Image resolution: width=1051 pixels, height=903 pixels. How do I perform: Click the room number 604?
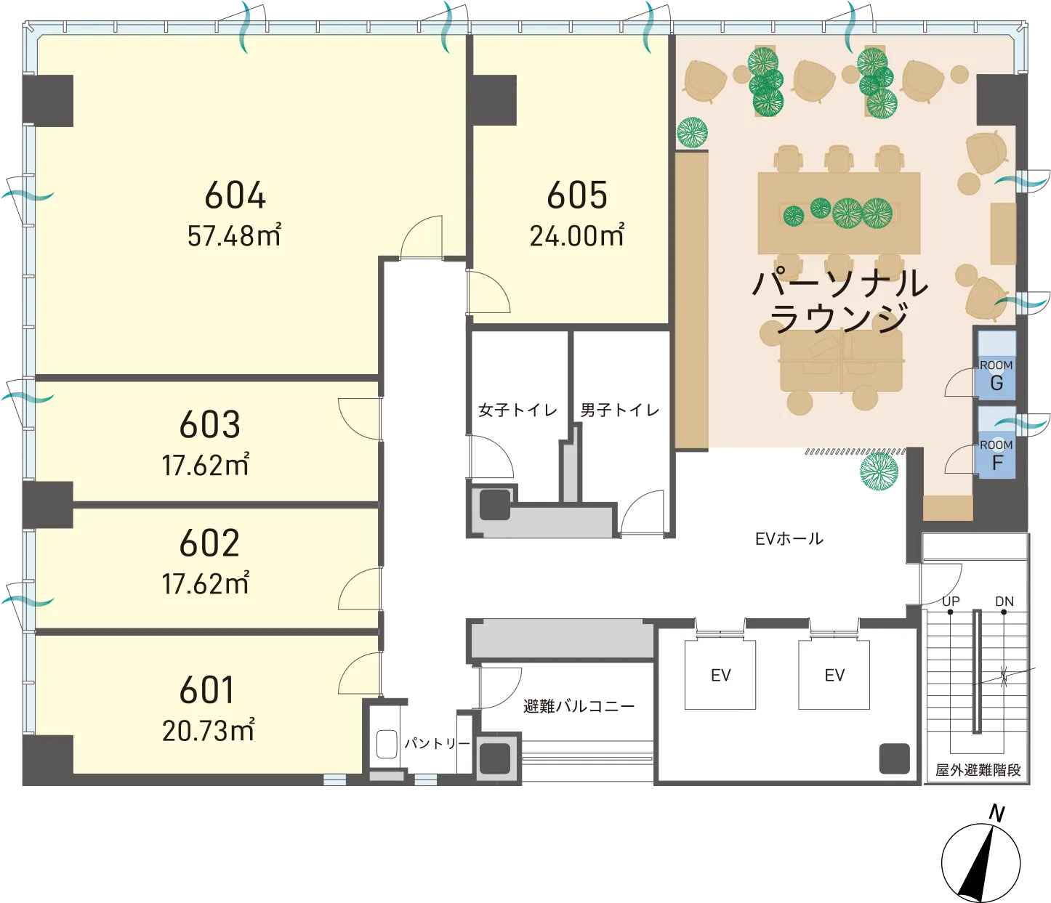(x=235, y=195)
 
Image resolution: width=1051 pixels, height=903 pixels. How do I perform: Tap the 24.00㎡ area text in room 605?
(x=576, y=235)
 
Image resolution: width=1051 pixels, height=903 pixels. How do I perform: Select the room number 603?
(x=209, y=424)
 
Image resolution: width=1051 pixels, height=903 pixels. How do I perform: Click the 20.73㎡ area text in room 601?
(x=208, y=729)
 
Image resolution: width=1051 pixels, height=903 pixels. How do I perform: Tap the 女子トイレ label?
(x=518, y=410)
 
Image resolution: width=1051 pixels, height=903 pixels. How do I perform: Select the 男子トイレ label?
(x=620, y=410)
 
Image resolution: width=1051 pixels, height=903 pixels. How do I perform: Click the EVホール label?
(x=789, y=538)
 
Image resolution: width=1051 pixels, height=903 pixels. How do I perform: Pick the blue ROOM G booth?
(x=996, y=365)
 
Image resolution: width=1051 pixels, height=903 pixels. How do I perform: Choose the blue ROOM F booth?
(x=997, y=442)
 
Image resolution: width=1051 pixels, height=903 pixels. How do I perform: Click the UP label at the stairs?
(x=951, y=602)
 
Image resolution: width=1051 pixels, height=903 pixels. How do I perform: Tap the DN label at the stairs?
(x=1004, y=602)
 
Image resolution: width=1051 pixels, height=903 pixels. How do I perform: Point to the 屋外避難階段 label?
(x=978, y=770)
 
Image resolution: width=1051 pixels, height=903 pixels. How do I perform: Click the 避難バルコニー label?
(x=579, y=706)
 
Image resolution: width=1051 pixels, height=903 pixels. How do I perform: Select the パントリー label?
(x=438, y=744)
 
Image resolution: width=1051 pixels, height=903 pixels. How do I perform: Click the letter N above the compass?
(x=996, y=814)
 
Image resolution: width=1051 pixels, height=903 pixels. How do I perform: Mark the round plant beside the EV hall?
(x=879, y=471)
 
